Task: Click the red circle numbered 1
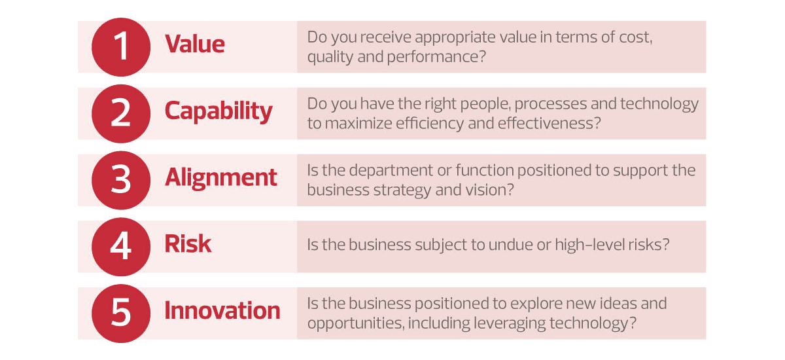[121, 47]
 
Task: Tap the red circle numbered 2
[121, 114]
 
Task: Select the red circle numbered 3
[121, 180]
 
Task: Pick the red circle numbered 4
[121, 247]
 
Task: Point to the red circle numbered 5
[121, 314]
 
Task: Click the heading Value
[195, 44]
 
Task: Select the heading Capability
[218, 111]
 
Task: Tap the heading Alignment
[221, 178]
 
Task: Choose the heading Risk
[188, 244]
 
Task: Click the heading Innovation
[222, 310]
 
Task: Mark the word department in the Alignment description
[391, 171]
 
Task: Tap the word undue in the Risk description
[510, 245]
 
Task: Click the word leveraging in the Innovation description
[509, 323]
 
